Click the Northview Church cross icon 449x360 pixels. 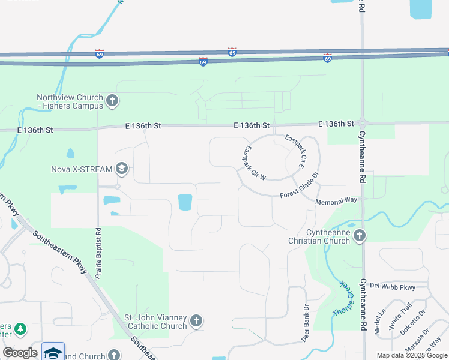coord(112,101)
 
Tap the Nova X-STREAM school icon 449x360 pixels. coord(122,169)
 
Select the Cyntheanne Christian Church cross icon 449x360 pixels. coord(360,235)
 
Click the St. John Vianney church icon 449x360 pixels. coord(196,321)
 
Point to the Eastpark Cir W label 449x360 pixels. coord(255,163)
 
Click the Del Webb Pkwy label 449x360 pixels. coord(393,287)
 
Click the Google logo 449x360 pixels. coord(20,352)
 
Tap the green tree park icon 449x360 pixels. coord(21,329)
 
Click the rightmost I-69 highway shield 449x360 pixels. coord(327,58)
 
